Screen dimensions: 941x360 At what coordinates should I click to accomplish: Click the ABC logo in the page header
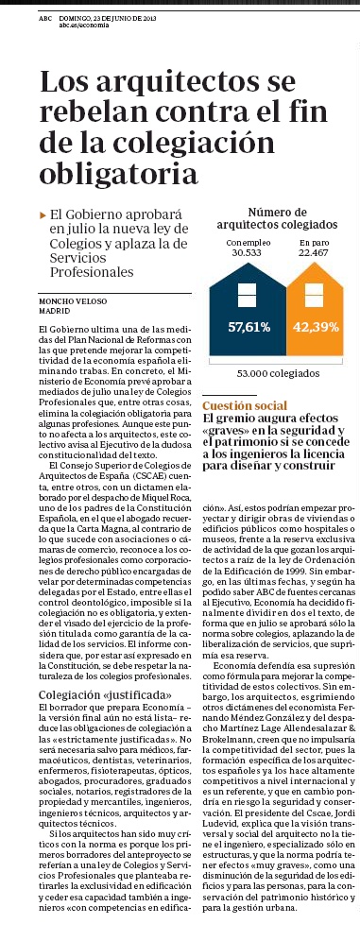(x=45, y=18)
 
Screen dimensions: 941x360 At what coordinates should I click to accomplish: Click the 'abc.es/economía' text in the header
(x=90, y=26)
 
